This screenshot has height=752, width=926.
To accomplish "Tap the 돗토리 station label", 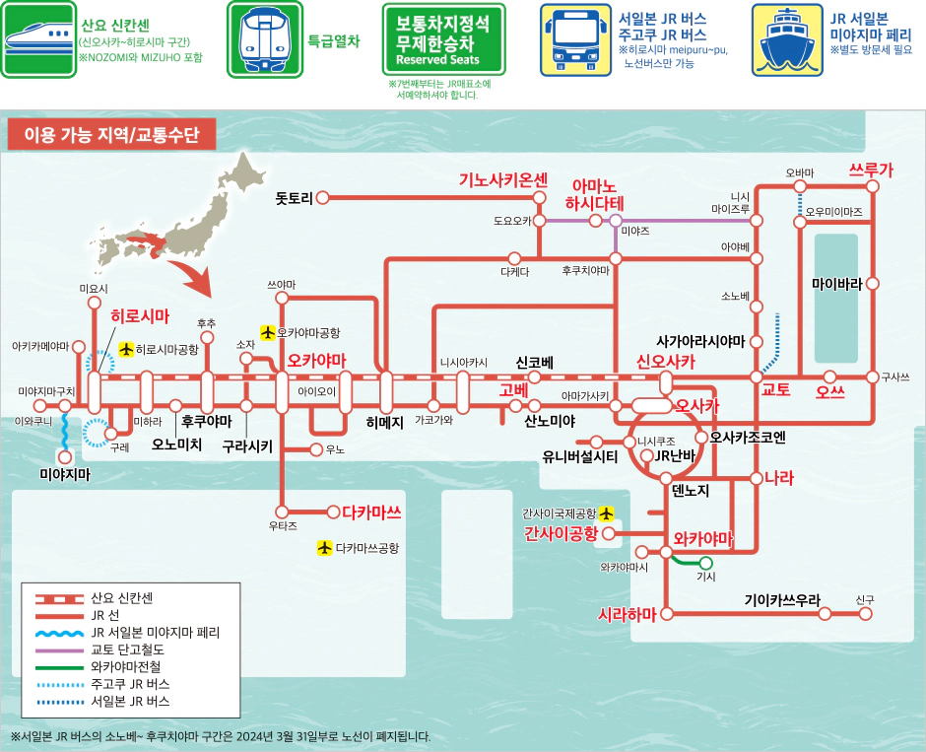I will [x=294, y=198].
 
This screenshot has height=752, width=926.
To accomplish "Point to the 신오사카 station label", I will [x=666, y=362].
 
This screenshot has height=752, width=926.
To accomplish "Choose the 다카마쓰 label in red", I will [x=372, y=512].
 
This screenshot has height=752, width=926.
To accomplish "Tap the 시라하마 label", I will [x=628, y=614].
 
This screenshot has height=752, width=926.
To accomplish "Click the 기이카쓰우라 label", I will [x=781, y=599].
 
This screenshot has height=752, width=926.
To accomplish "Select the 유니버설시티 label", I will [x=580, y=456].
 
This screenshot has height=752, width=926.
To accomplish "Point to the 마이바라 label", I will [x=836, y=284].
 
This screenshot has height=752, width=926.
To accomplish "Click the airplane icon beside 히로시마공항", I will [x=126, y=349].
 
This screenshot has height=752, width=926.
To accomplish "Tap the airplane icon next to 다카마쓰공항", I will [x=324, y=547].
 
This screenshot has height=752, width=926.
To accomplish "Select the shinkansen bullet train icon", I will [x=38, y=39].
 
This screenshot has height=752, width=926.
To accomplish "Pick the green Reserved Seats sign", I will [x=442, y=39].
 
